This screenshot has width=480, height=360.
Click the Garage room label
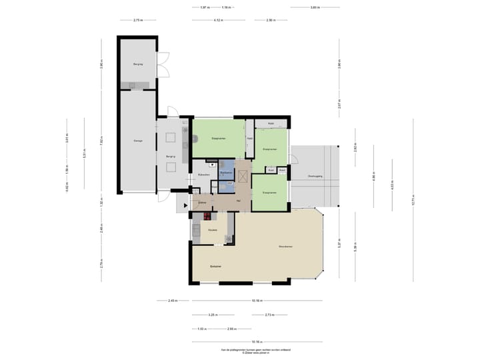138,141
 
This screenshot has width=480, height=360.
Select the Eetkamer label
215,267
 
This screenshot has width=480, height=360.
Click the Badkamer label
226,172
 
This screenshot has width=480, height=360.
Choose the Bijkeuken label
204,175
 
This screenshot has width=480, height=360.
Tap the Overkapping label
315,175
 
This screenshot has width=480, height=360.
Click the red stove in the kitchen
207,216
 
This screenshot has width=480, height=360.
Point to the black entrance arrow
186,206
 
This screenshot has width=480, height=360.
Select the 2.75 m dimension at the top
138,21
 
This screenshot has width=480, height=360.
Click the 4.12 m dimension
218,21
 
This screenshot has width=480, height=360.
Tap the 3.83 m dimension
315,7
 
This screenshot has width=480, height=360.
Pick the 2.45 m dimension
172,301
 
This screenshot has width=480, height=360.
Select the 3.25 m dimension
212,315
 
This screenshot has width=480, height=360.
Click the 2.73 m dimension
269,315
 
